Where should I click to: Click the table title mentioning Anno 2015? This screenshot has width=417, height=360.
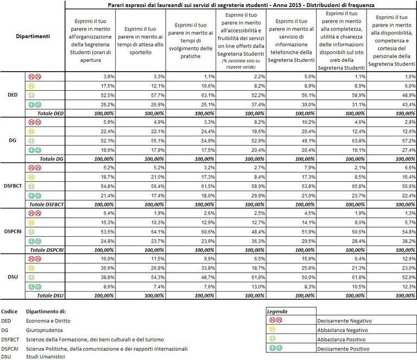(240, 4)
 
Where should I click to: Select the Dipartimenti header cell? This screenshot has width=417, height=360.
(32, 36)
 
